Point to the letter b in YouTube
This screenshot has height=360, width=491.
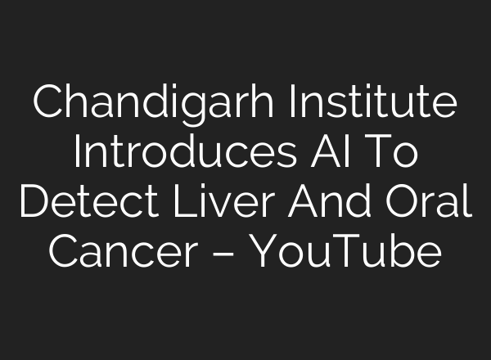(x=394, y=251)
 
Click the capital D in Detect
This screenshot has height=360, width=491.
(x=34, y=202)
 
